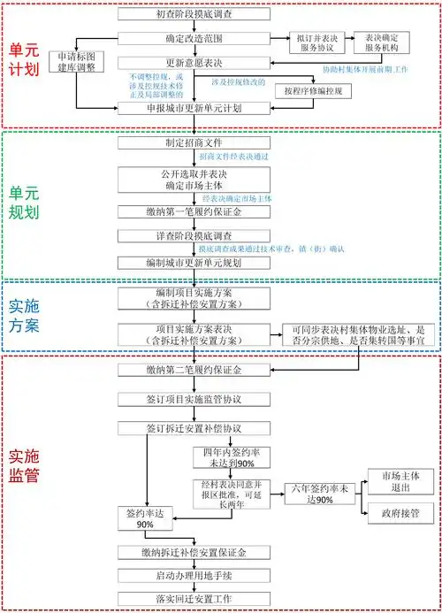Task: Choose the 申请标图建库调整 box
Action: pos(76,62)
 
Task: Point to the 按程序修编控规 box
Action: pos(314,91)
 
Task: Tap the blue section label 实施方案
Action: pos(23,316)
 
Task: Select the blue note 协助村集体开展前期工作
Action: pos(376,68)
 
